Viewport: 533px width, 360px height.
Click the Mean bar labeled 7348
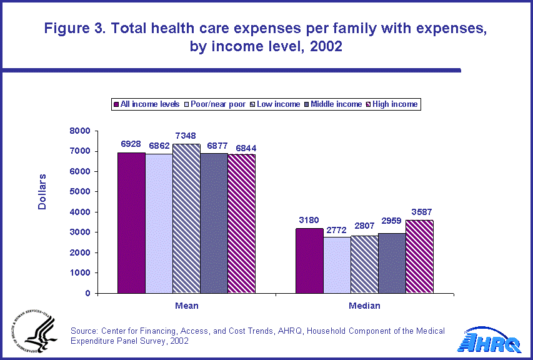pos(186,218)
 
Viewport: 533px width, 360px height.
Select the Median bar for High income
pos(419,256)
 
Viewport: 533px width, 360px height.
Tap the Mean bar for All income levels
pos(131,222)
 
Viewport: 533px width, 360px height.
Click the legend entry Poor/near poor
pos(218,104)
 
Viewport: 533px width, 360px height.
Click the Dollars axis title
pos(42,192)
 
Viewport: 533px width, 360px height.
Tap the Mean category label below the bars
pos(186,306)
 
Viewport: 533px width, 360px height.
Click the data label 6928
pos(131,144)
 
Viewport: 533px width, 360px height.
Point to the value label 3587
pos(419,212)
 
